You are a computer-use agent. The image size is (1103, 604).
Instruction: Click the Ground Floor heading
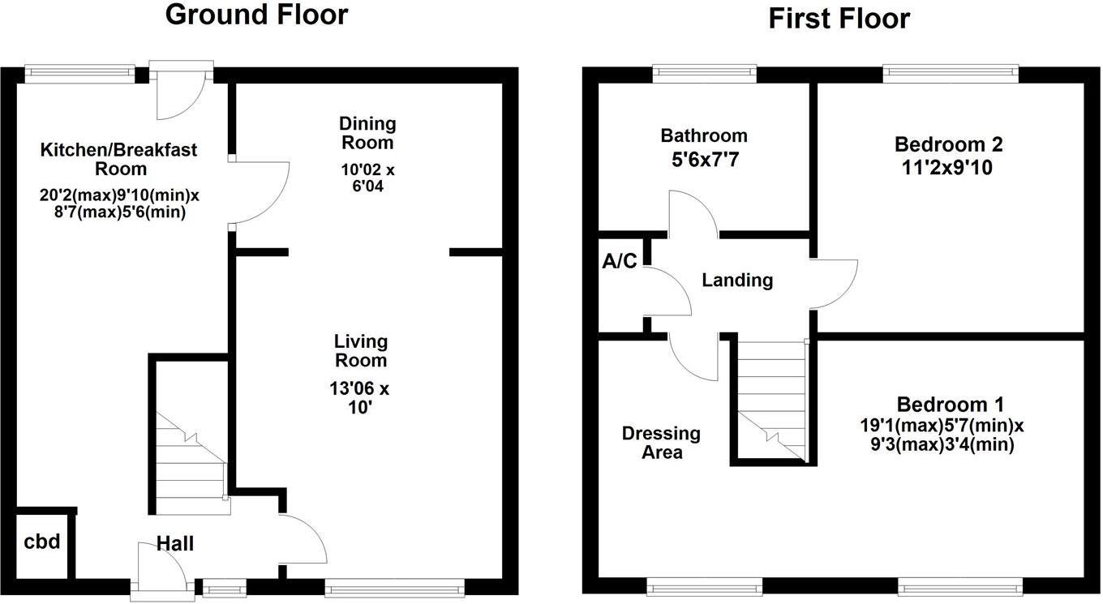click(256, 15)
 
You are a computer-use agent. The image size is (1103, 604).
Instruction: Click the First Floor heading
click(839, 18)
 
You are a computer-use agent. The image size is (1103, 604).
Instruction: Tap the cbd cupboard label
click(42, 542)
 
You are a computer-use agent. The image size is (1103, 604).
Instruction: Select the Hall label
click(175, 543)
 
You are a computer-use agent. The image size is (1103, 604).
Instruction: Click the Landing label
click(736, 281)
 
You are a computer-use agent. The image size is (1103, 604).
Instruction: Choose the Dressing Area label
click(661, 443)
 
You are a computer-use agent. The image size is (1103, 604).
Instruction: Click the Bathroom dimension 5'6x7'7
click(703, 160)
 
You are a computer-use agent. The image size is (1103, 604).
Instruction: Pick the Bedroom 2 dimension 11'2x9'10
click(948, 168)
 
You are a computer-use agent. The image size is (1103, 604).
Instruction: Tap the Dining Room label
click(367, 133)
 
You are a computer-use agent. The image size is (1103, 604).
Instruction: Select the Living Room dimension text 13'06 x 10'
click(359, 397)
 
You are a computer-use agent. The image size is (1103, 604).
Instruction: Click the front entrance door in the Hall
click(158, 572)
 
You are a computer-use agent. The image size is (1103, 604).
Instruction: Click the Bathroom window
click(704, 74)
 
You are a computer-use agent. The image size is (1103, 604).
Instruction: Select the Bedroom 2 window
click(951, 74)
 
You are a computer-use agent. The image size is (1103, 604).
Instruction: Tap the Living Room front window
click(394, 585)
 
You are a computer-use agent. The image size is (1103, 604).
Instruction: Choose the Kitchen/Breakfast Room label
click(118, 159)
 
